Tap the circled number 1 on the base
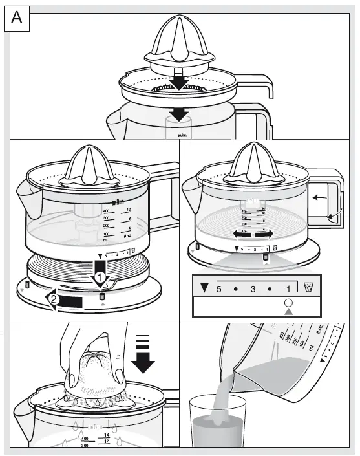point(100,277)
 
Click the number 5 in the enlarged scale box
point(219,288)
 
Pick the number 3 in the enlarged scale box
point(255,288)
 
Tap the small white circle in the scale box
point(288,301)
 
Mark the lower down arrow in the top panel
point(179,114)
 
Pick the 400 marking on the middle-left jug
point(107,212)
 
